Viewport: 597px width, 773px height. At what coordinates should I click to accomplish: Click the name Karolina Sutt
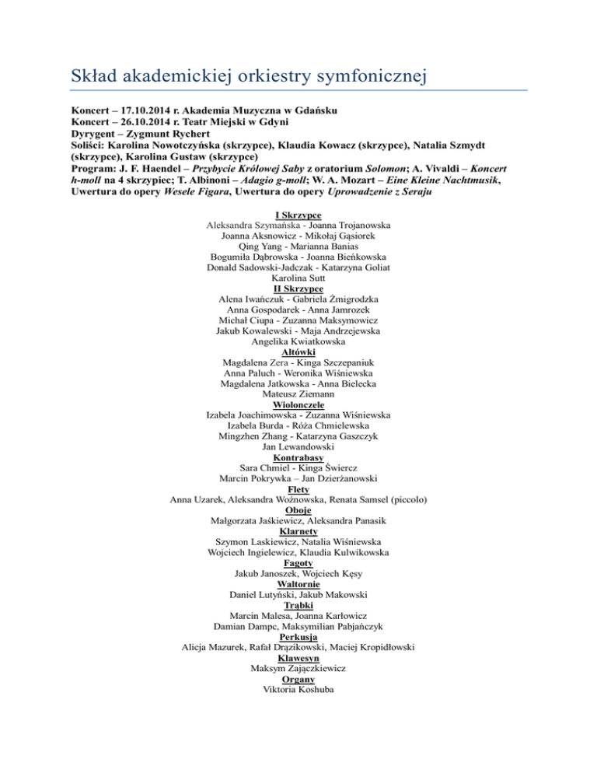(x=298, y=277)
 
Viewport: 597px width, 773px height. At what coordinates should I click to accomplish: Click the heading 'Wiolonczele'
(x=298, y=404)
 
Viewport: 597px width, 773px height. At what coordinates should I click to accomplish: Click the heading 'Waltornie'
(x=298, y=584)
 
